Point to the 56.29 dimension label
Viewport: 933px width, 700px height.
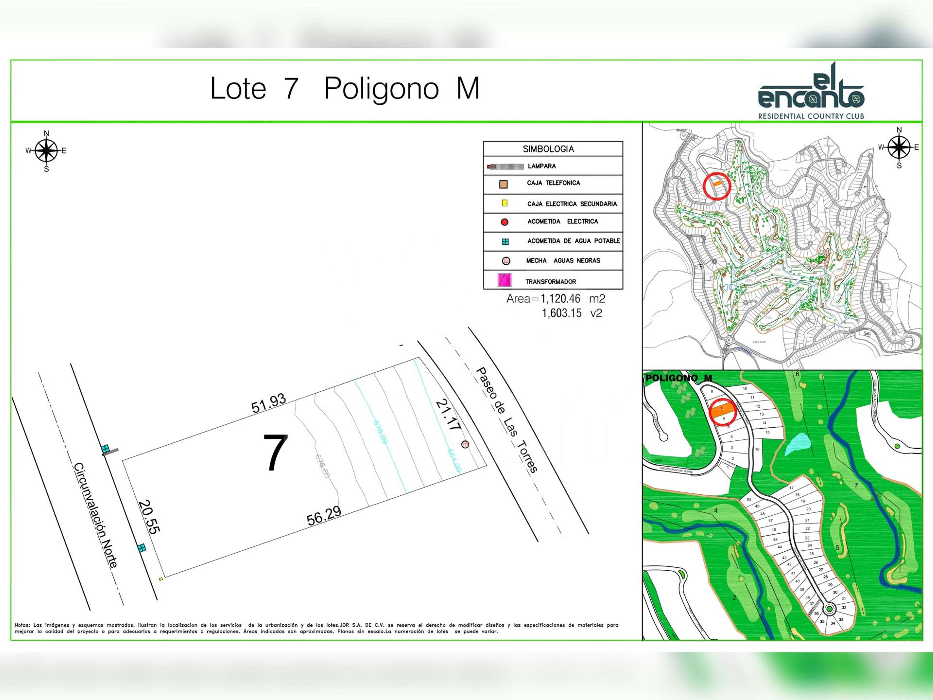click(x=324, y=516)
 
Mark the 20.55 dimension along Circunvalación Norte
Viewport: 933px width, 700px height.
click(x=148, y=517)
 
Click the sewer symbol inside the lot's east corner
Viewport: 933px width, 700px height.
click(x=465, y=444)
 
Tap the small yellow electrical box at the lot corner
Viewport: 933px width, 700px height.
click(x=161, y=579)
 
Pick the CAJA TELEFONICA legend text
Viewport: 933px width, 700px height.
click(x=553, y=183)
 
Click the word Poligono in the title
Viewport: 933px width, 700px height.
click(x=381, y=89)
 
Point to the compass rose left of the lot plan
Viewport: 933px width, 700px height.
click(x=46, y=151)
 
